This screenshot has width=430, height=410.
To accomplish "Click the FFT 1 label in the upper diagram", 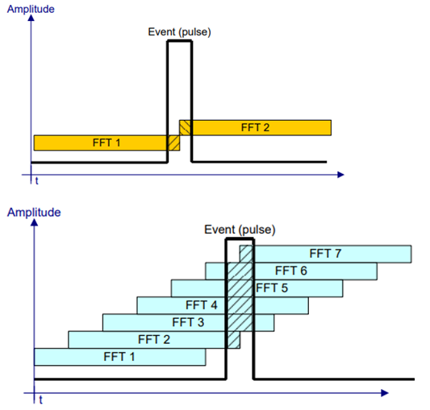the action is (106, 143).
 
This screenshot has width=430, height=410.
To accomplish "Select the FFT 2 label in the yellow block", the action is (255, 127).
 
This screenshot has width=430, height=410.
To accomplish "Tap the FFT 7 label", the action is (325, 254).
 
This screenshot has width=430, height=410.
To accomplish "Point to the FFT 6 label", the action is (291, 271).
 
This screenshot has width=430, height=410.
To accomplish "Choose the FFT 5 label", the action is (272, 288).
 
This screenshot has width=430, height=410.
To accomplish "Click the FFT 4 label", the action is (202, 305).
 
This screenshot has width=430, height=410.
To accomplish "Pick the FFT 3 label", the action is (188, 322).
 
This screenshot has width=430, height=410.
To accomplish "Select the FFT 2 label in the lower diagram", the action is (154, 340).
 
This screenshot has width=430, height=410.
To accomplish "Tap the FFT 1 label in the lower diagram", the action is (119, 357).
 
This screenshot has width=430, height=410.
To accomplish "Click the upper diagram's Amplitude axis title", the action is (31, 9).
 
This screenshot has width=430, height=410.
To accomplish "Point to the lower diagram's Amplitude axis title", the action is (34, 213).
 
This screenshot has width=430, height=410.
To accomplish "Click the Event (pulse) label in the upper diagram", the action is (179, 32).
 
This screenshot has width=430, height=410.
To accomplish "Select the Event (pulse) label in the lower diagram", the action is (240, 230).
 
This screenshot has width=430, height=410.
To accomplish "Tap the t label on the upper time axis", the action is (37, 181).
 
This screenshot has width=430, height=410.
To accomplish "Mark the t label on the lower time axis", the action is (40, 400).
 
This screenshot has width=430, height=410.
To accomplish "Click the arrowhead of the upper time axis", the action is (341, 175).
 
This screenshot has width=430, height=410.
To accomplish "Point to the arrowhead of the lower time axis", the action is (385, 393).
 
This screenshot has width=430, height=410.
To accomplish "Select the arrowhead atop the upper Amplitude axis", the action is (31, 18).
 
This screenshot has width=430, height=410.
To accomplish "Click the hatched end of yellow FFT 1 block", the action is (173, 143).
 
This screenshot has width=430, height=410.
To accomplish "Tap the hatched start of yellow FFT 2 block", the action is (185, 127).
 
